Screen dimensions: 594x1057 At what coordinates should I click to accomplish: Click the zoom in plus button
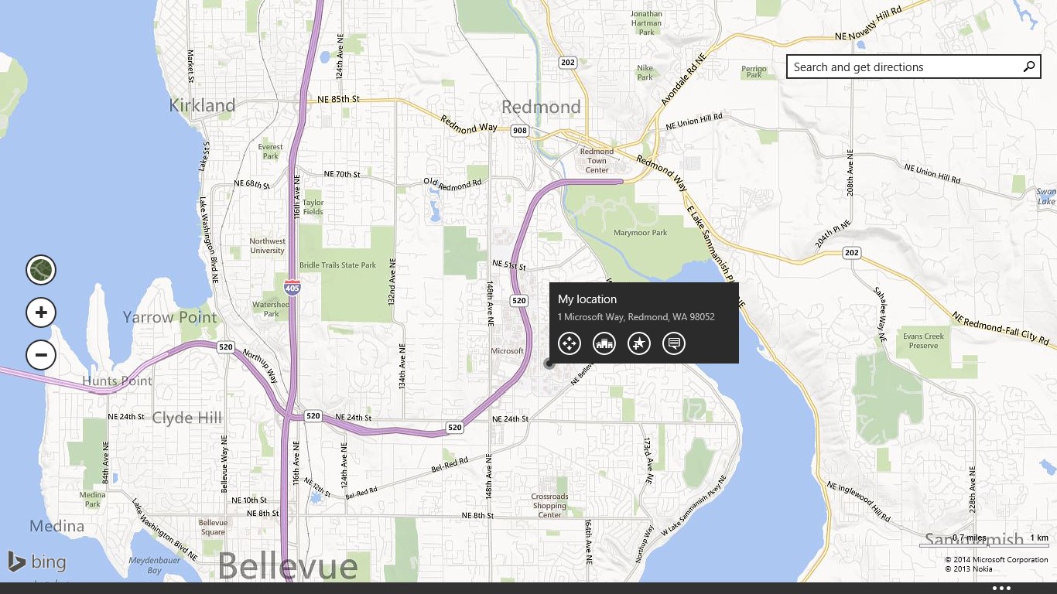click(41, 312)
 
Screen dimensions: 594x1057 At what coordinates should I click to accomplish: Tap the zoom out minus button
click(41, 355)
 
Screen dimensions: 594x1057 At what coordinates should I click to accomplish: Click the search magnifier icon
click(1029, 67)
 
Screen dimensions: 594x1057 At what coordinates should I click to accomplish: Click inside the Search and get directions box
click(901, 67)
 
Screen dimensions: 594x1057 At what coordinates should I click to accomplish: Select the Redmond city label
click(541, 107)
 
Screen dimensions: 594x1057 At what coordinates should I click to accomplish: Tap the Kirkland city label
click(202, 105)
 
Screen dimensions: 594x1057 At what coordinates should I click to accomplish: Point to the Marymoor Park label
click(640, 233)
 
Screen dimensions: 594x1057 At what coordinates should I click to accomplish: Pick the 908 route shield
click(520, 131)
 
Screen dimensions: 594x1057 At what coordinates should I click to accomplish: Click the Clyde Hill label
click(186, 418)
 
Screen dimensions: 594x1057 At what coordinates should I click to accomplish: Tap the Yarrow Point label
click(169, 317)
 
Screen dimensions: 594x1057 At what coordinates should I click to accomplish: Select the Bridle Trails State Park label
click(337, 265)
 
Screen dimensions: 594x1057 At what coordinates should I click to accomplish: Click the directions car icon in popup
click(604, 343)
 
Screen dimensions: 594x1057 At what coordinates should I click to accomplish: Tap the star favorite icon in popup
click(639, 343)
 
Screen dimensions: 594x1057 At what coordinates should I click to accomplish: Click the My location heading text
click(587, 299)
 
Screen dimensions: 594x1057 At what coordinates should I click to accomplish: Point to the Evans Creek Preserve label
click(924, 341)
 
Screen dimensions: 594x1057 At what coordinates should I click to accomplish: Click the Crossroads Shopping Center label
click(549, 506)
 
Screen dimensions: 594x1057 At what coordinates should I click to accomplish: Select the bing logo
click(37, 562)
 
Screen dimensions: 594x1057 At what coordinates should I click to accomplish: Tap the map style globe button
click(41, 270)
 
